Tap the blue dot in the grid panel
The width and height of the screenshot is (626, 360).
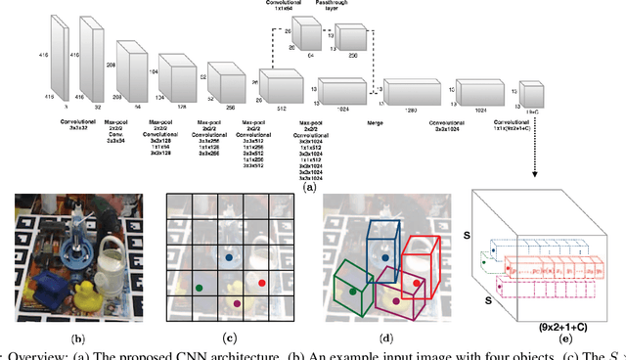coord(227,258)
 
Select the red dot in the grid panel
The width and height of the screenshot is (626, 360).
coord(262,282)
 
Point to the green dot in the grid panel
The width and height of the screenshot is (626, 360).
coord(200,288)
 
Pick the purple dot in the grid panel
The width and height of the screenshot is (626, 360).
coord(237,304)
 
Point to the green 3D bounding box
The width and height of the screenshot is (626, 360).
coord(351,290)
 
